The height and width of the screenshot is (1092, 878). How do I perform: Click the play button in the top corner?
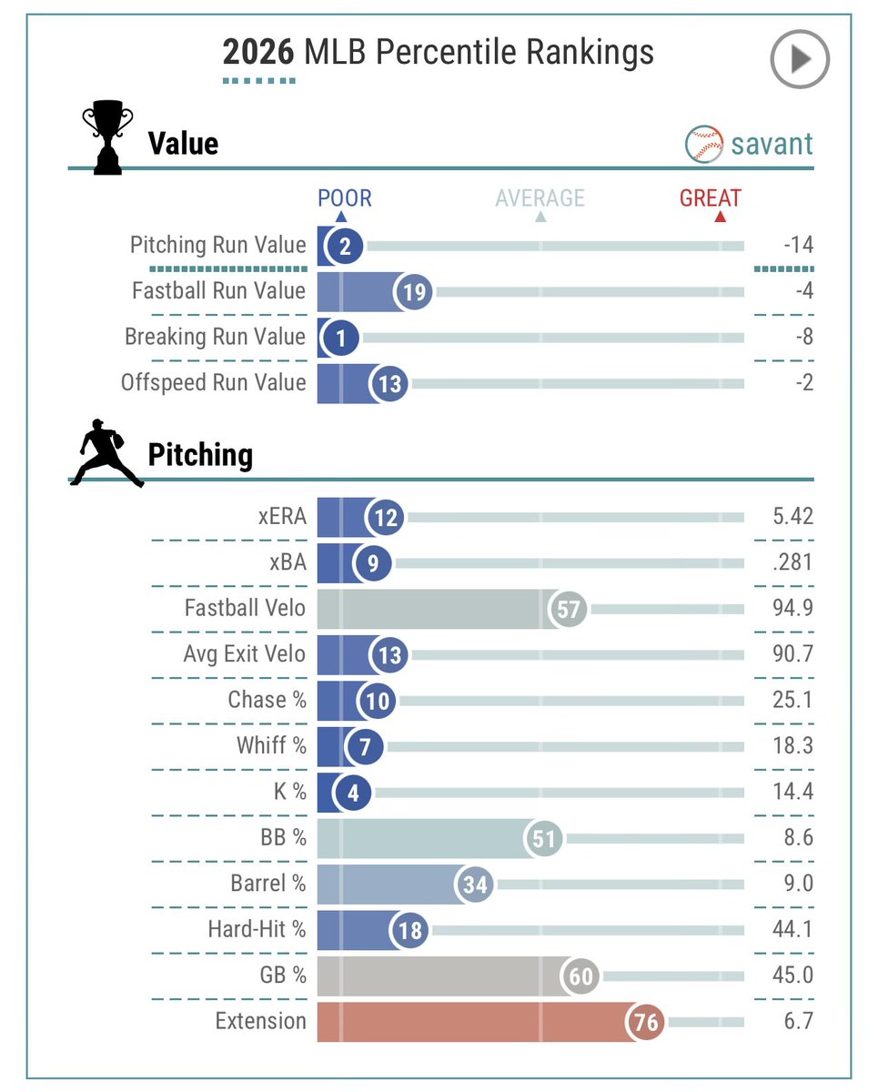(x=800, y=59)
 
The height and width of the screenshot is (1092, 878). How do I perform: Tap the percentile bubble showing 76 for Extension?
(x=646, y=1021)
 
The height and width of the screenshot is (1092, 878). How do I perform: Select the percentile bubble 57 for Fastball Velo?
(x=568, y=609)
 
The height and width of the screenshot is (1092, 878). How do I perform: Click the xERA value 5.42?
(x=792, y=517)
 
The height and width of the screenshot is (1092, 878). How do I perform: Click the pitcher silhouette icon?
(x=106, y=453)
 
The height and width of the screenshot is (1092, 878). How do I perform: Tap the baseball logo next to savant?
(x=704, y=144)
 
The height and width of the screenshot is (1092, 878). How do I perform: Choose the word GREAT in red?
(x=710, y=197)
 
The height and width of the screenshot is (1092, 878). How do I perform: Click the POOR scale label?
(x=345, y=197)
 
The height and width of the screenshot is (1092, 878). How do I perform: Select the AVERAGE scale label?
(x=540, y=197)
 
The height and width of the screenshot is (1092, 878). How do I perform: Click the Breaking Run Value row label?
(x=216, y=337)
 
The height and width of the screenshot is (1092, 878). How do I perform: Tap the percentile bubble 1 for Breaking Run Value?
(x=340, y=338)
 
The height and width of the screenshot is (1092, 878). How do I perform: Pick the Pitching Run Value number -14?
(x=799, y=245)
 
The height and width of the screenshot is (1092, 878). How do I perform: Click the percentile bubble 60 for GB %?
(x=580, y=976)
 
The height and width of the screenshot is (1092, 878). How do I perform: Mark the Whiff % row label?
(x=271, y=745)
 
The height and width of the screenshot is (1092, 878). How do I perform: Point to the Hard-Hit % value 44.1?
(x=792, y=929)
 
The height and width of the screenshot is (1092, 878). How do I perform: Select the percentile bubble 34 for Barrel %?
(x=475, y=885)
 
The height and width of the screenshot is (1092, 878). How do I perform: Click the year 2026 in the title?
(x=258, y=52)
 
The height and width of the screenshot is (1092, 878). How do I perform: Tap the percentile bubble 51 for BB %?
(x=543, y=838)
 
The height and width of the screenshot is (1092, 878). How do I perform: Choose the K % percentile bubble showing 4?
(x=353, y=793)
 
